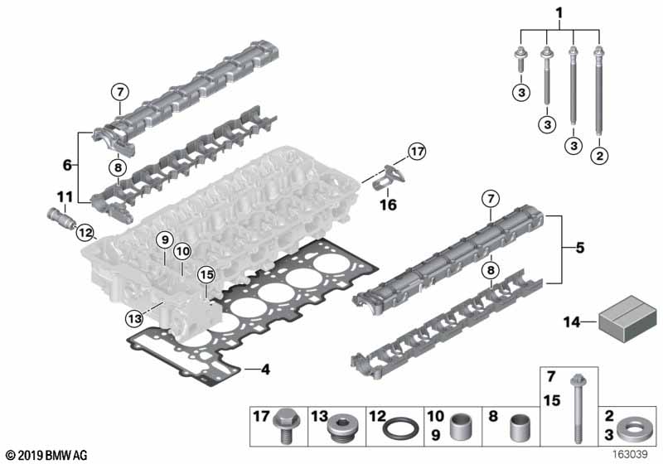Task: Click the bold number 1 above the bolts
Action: coord(559,13)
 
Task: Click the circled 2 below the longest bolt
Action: coord(599,156)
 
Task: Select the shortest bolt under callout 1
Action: coord(520,60)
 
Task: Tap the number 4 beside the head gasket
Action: coord(265,370)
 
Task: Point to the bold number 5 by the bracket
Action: coord(580,248)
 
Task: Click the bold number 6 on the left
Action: coord(67,165)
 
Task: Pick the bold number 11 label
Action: coord(65,197)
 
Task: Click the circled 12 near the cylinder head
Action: coord(85,233)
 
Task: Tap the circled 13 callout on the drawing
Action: coord(134,318)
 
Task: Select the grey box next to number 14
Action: coord(627,319)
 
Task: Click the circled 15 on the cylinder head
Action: coord(206,275)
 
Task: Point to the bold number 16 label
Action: coord(388,205)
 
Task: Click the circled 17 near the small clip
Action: coord(417,152)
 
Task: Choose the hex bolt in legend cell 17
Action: coord(287,426)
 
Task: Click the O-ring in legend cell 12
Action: coord(400,428)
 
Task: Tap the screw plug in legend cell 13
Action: coord(342,430)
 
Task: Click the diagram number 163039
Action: coord(630,454)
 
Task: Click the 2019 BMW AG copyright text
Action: coord(47,455)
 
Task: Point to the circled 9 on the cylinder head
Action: coord(164,240)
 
